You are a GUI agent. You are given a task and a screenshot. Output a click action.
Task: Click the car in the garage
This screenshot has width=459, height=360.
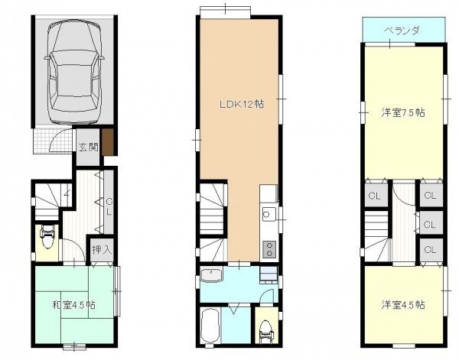click(74, 73)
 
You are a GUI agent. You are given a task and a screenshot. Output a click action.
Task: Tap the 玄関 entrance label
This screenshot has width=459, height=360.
click(88, 148)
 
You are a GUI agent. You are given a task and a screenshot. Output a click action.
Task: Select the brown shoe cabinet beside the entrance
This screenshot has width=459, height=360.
click(107, 142)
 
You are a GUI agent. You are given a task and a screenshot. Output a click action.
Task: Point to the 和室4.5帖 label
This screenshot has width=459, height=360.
click(73, 305)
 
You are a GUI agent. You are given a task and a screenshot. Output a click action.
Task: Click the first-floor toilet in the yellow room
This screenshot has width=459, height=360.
click(47, 237)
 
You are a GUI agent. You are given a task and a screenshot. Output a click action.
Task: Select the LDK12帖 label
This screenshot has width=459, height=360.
click(242, 105)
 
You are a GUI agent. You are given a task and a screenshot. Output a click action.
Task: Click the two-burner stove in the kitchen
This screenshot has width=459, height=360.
click(269, 249)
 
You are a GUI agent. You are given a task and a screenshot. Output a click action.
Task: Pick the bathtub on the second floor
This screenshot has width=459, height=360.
click(210, 325)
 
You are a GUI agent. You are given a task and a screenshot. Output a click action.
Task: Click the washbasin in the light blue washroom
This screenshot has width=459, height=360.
click(211, 275)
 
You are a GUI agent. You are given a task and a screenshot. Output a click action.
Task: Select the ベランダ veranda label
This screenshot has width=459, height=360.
click(402, 31)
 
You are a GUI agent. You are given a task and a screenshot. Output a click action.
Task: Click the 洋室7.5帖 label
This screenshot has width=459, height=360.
click(403, 112)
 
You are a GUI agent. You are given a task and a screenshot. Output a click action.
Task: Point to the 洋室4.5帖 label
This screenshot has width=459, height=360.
click(403, 305)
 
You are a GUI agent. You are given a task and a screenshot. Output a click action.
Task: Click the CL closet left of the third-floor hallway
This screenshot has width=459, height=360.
click(375, 196)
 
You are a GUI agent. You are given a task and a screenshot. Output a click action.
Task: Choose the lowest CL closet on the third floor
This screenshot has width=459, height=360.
click(430, 249)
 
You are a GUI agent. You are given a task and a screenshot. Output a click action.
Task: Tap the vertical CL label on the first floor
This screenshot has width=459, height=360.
click(109, 206)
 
